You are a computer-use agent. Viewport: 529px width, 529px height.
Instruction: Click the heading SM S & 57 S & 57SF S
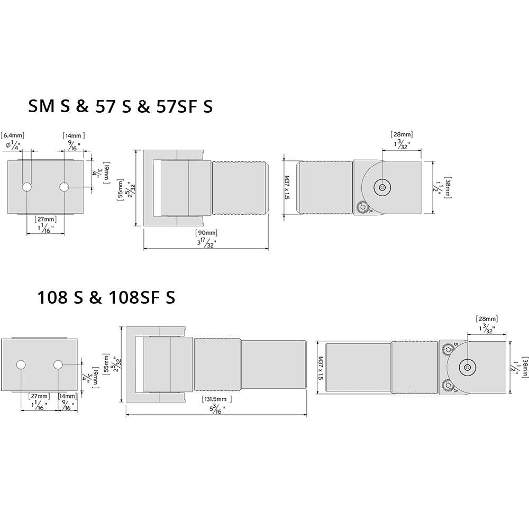[120, 106]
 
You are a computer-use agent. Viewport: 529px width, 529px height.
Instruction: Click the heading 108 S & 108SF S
[106, 297]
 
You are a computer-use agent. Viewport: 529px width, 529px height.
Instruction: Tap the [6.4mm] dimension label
[13, 136]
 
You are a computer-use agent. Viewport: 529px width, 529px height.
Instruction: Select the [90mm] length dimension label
[206, 233]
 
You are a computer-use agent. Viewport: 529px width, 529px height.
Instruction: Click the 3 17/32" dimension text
[206, 243]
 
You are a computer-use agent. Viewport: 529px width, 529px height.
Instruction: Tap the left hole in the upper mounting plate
[27, 187]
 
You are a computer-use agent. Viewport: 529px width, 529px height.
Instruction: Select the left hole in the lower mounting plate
[21, 365]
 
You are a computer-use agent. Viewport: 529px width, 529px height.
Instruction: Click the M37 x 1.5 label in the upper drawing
[288, 187]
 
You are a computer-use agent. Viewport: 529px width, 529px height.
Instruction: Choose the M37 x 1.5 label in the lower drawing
[320, 367]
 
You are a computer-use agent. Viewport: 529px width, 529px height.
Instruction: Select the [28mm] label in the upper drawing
[402, 135]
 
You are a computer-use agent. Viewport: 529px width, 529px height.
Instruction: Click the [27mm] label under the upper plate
[45, 218]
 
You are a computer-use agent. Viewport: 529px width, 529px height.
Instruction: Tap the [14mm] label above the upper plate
[74, 136]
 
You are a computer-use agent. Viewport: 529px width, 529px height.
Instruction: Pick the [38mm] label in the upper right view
[448, 187]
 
